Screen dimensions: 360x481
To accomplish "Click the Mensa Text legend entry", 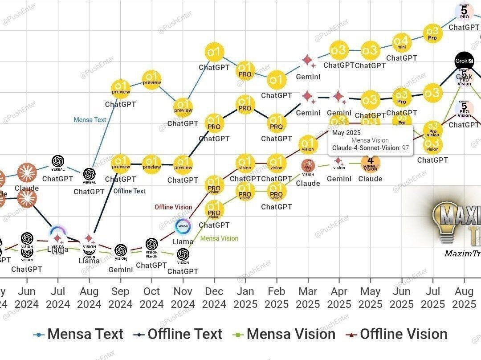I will [78, 334].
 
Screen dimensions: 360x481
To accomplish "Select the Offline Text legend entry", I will [179, 334].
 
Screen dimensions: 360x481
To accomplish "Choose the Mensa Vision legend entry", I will [285, 334].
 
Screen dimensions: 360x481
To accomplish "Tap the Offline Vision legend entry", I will [397, 334].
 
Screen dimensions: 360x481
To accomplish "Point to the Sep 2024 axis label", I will [120, 298].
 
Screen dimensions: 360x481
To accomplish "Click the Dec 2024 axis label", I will [214, 298].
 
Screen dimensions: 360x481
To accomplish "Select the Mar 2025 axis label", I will [308, 298].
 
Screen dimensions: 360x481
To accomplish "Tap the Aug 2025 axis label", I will [464, 298].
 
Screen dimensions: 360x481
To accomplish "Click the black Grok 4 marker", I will [464, 61].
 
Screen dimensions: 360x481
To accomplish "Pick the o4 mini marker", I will [401, 42].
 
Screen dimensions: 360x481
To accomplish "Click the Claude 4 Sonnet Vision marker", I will [371, 163].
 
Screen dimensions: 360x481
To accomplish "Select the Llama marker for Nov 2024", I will [183, 226].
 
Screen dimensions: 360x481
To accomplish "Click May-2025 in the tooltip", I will [346, 133].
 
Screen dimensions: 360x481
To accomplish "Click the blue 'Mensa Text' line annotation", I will [90, 120].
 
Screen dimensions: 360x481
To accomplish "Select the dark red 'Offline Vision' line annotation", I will [173, 207].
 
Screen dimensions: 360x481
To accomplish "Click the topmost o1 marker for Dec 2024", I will [214, 53].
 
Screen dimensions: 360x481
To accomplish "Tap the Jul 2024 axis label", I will [58, 298].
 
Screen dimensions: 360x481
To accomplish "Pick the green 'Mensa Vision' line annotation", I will [219, 238].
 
